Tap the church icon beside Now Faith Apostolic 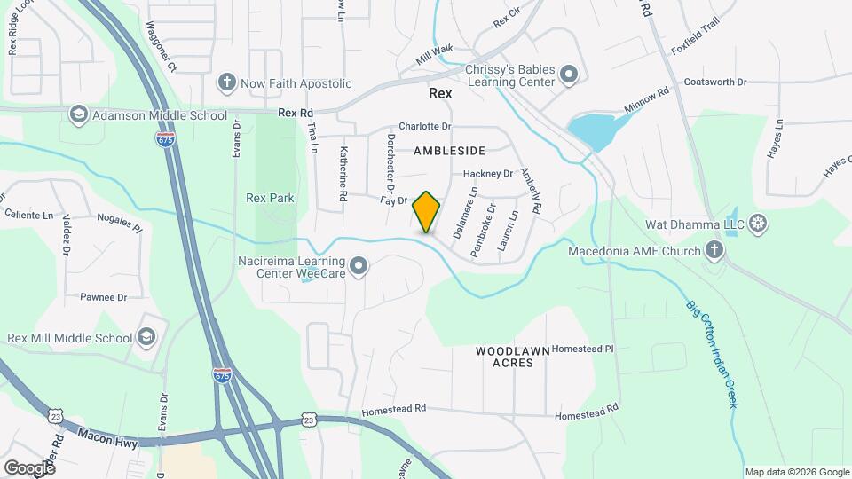227,83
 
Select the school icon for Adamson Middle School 79,115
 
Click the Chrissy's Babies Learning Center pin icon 568,75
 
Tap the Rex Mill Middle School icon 146,337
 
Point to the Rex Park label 270,198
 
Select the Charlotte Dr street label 425,126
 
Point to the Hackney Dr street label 489,174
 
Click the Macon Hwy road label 107,437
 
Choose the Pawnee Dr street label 103,297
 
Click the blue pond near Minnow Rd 595,130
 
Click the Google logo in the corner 30,467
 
